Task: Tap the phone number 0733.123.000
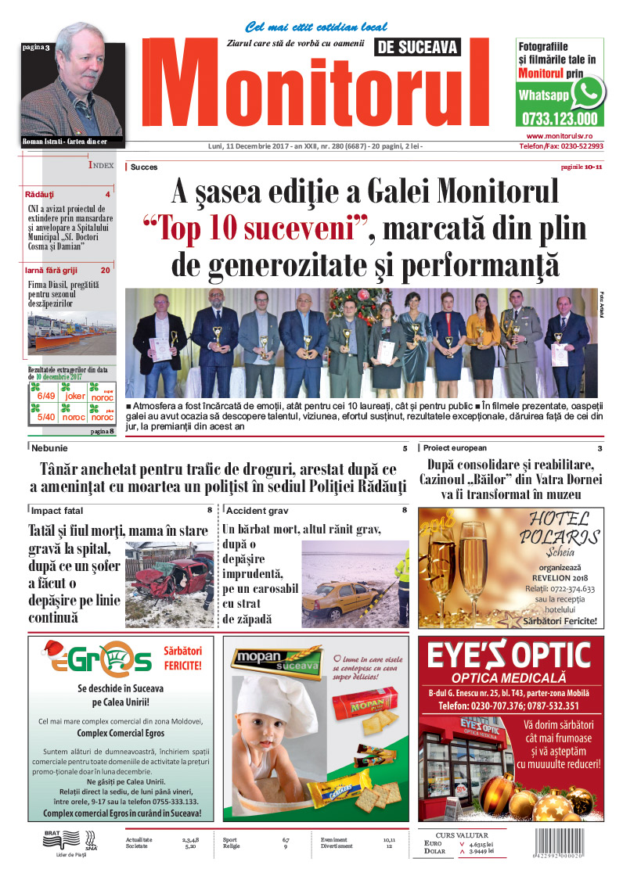[559, 120]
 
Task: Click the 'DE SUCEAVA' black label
[418, 48]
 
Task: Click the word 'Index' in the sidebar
[102, 166]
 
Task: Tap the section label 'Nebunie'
[50, 448]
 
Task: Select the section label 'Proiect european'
[455, 448]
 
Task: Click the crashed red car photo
[169, 584]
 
